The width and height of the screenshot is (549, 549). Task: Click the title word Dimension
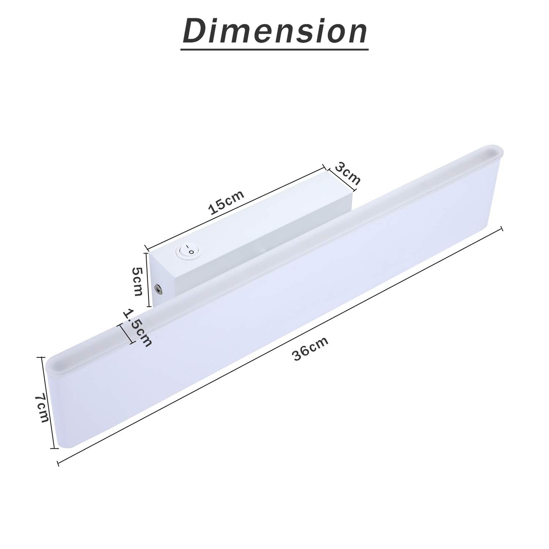click(x=275, y=31)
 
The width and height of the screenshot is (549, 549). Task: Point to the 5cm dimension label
click(x=137, y=282)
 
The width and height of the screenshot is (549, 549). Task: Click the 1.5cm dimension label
click(x=137, y=328)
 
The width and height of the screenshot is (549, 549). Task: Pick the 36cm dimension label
click(x=310, y=348)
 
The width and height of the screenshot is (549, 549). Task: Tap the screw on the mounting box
click(x=157, y=290)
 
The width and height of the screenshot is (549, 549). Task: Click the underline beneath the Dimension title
click(x=274, y=49)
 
